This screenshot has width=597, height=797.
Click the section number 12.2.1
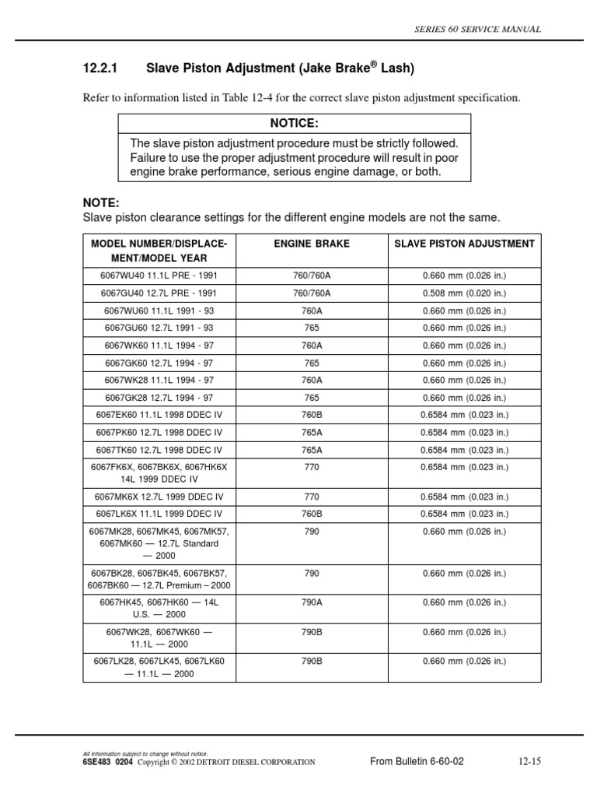[99, 69]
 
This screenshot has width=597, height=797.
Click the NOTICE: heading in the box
[294, 124]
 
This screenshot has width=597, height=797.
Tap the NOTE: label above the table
[101, 202]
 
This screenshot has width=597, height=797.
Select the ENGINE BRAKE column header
[312, 244]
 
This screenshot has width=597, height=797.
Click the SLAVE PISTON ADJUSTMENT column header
[464, 244]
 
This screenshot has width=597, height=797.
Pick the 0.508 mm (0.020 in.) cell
[464, 293]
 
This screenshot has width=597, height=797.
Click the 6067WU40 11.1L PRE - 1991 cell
[159, 276]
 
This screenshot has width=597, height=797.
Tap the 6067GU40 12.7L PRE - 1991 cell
[159, 293]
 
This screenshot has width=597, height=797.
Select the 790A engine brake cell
[312, 602]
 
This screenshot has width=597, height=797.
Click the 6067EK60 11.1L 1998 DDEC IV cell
[159, 415]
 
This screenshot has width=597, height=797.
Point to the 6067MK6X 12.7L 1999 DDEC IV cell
[159, 497]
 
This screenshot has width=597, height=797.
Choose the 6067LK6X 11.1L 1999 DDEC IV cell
[159, 514]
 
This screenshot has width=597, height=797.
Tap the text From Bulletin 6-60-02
[417, 762]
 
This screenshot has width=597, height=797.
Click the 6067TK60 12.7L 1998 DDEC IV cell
[159, 450]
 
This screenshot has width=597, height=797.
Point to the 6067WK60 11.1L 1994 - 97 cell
[159, 346]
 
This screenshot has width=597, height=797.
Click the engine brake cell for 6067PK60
[312, 433]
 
